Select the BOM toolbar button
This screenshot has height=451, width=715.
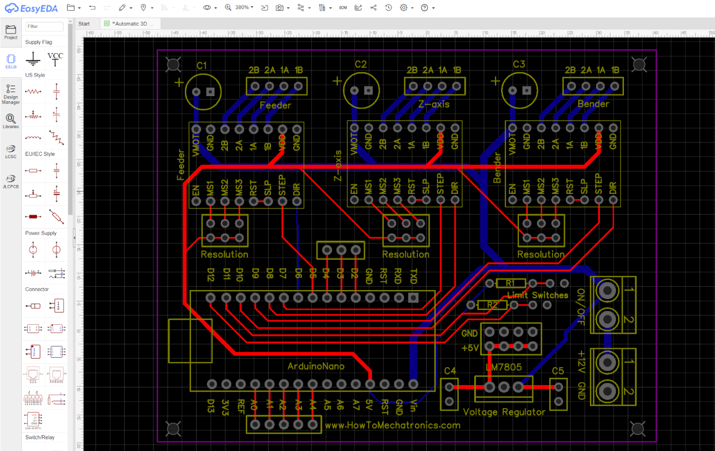click(343, 8)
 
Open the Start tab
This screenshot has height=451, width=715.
click(84, 23)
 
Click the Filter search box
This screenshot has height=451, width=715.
click(45, 26)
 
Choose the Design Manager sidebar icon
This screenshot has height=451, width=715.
click(11, 93)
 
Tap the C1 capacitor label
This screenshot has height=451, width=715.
click(202, 66)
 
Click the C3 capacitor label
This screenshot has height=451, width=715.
click(519, 65)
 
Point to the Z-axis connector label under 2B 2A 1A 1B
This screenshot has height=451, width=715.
click(433, 105)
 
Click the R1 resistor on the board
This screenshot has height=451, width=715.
click(510, 283)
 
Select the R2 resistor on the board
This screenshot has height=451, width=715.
click(492, 305)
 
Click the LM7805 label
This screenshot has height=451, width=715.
click(503, 367)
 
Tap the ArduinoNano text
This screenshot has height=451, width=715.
click(316, 366)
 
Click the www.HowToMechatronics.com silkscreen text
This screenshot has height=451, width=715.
click(392, 425)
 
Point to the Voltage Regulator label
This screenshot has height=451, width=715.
click(504, 412)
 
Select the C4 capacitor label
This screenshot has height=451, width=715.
click(450, 371)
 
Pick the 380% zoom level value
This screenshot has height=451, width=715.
click(242, 8)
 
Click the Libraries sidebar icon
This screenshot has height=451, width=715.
click(11, 120)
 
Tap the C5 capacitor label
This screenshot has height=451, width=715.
click(557, 371)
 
